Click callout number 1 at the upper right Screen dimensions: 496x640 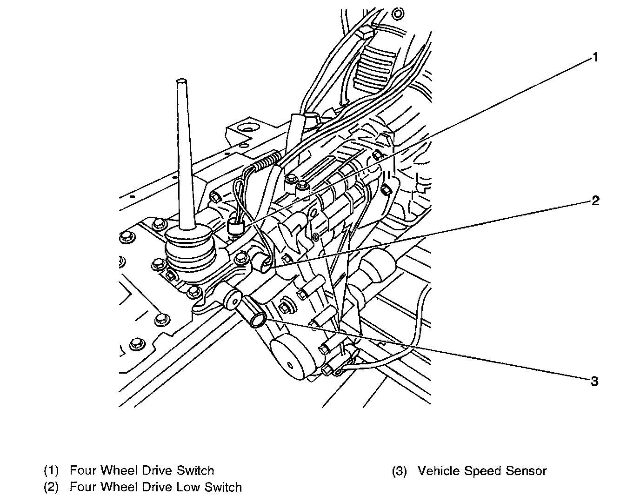point(594,58)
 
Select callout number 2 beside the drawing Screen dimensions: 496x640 point(595,201)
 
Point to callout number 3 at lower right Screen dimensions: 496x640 point(594,382)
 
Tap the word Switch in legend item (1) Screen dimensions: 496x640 point(195,470)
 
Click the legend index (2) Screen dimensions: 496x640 point(51,488)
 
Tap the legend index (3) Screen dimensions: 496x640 point(399,471)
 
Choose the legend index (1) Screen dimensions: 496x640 point(51,471)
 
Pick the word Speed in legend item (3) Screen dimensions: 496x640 point(484,471)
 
